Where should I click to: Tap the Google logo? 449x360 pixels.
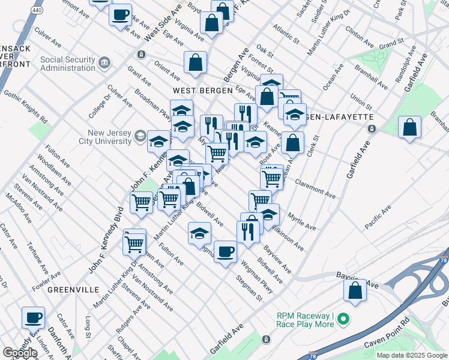tap(20, 353)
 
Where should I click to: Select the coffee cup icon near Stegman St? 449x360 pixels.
tap(225, 251)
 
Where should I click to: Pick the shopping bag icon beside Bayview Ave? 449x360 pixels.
tap(355, 290)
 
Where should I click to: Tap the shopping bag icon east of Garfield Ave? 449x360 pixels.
tap(410, 128)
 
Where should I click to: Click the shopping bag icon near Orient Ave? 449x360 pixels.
tap(196, 62)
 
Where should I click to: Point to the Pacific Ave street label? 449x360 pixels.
tap(378, 217)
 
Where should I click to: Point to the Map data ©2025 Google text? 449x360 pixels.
tap(412, 355)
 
